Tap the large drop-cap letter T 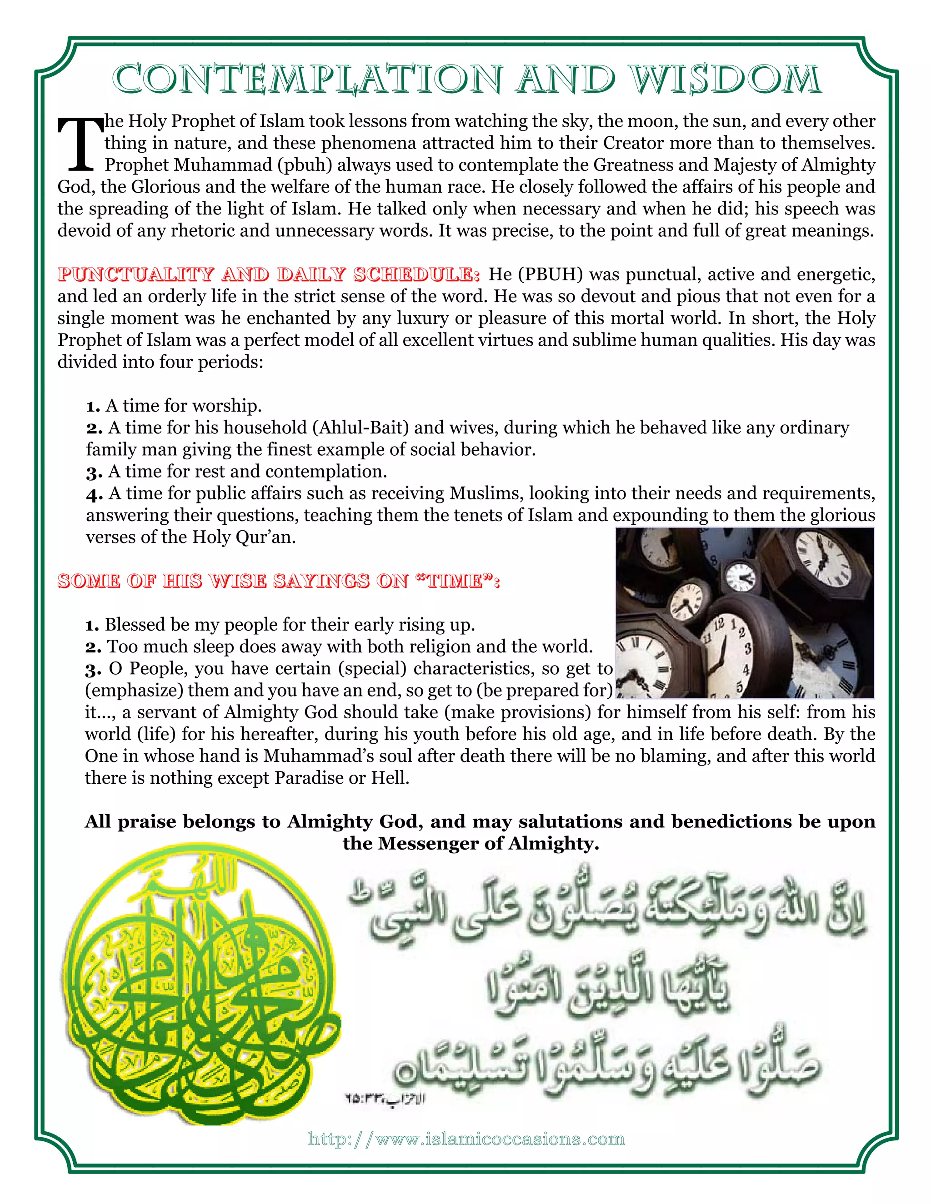pyautogui.click(x=80, y=144)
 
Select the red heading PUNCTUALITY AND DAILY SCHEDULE pyautogui.click(x=269, y=274)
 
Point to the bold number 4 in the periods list pyautogui.click(x=93, y=494)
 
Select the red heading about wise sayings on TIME pyautogui.click(x=279, y=581)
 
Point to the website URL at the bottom pyautogui.click(x=466, y=1139)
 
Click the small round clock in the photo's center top pyautogui.click(x=740, y=577)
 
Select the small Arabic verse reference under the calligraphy pyautogui.click(x=385, y=1099)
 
